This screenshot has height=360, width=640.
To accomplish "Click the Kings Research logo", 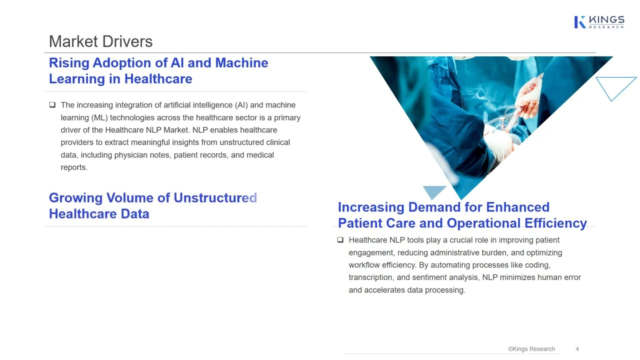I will (599, 22).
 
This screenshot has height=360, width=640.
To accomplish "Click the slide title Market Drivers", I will (100, 41).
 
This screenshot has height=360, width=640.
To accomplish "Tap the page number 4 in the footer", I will (577, 349).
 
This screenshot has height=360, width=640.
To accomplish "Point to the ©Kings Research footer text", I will (531, 349).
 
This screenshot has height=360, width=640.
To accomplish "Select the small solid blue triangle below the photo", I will (434, 191).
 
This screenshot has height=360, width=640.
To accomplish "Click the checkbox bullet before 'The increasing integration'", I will (52, 105).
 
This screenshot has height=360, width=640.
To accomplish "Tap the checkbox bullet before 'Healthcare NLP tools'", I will (340, 240).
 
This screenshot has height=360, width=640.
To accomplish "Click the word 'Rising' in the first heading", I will (68, 63).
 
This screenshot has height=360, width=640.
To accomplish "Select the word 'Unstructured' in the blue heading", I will (215, 198).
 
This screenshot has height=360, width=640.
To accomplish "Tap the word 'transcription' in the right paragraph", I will (371, 277).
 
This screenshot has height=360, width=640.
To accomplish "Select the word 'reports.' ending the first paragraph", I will (74, 167).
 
